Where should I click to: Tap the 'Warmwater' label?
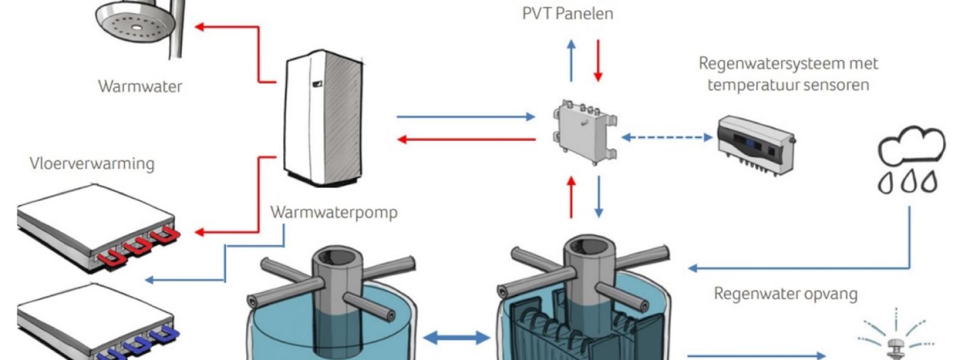click(x=140, y=86)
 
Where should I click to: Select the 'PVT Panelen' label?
click(x=568, y=14)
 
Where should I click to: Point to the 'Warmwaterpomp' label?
click(x=334, y=212)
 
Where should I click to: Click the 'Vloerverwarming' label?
click(x=92, y=164)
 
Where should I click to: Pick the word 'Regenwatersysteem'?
click(x=764, y=64)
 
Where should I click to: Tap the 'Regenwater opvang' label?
click(x=785, y=295)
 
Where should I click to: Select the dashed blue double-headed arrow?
click(x=667, y=137)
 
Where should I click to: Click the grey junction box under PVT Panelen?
click(x=585, y=132)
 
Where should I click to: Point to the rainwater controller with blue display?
click(x=757, y=146)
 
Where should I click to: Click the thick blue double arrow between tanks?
click(x=457, y=338)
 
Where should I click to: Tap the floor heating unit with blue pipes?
click(x=98, y=322)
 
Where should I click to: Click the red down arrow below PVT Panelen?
click(x=598, y=61)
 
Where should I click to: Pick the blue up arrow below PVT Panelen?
click(x=571, y=61)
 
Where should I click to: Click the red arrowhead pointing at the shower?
click(x=199, y=27)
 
